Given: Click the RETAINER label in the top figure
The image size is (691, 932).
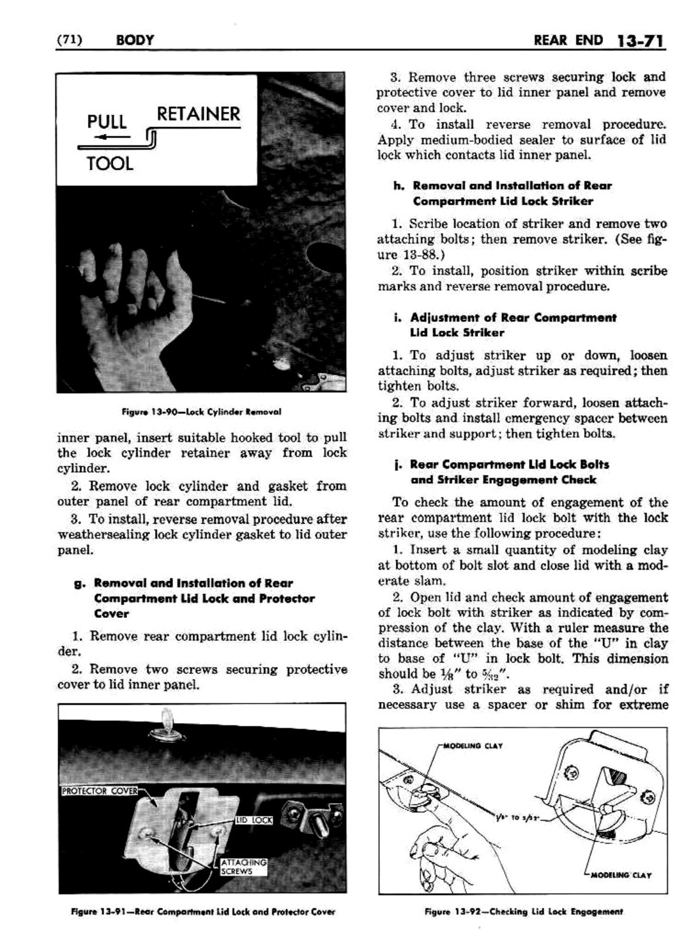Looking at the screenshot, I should click(x=198, y=114).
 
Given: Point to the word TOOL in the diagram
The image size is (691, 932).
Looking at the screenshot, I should click(x=110, y=164).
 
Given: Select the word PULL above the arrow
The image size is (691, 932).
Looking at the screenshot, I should click(x=107, y=121).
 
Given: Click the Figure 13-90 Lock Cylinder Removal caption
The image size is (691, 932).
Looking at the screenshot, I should click(x=201, y=412).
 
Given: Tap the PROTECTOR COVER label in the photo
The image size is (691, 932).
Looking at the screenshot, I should click(x=100, y=792).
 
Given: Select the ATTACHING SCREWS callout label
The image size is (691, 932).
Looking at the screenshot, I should click(x=243, y=866).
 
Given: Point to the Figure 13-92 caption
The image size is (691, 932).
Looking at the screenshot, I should click(x=523, y=912).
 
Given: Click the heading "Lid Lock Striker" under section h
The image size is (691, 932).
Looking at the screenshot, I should click(x=503, y=201).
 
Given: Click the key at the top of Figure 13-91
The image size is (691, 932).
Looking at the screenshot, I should click(x=168, y=719).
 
